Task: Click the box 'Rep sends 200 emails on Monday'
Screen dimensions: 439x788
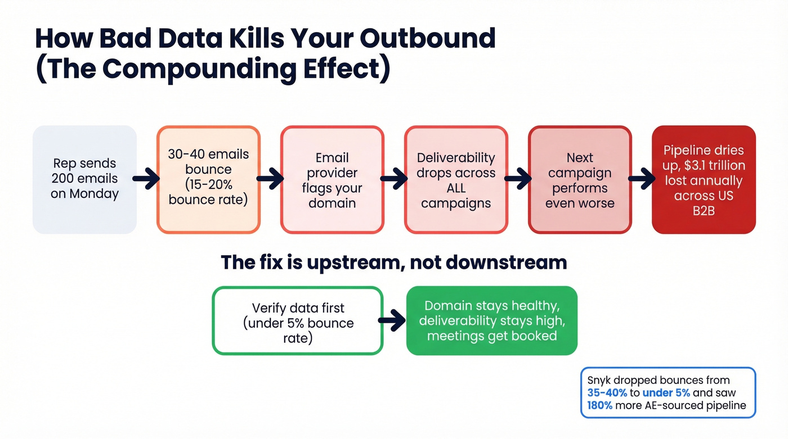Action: (x=84, y=179)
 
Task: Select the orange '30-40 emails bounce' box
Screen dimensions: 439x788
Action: (x=208, y=179)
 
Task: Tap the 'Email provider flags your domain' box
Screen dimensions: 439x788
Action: (x=332, y=179)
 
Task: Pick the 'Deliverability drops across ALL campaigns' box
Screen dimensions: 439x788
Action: (x=456, y=179)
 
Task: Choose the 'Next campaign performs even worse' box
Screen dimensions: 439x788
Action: (x=580, y=179)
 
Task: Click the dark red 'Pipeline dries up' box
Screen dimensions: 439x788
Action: (x=704, y=179)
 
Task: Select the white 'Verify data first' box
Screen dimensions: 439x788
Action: (x=297, y=321)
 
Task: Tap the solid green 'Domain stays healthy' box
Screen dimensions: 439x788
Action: (x=491, y=321)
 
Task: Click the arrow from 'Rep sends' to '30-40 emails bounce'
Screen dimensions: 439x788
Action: (x=146, y=180)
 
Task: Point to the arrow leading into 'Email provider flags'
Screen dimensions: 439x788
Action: (x=270, y=180)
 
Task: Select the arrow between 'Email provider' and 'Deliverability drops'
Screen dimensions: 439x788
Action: (x=394, y=180)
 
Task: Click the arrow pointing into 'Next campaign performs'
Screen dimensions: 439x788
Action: (x=518, y=180)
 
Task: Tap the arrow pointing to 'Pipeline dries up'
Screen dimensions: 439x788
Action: (x=642, y=180)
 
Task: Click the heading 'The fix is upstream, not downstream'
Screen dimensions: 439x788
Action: (x=393, y=262)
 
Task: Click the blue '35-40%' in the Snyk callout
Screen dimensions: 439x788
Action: (x=607, y=393)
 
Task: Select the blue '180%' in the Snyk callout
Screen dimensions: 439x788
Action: (x=599, y=405)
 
